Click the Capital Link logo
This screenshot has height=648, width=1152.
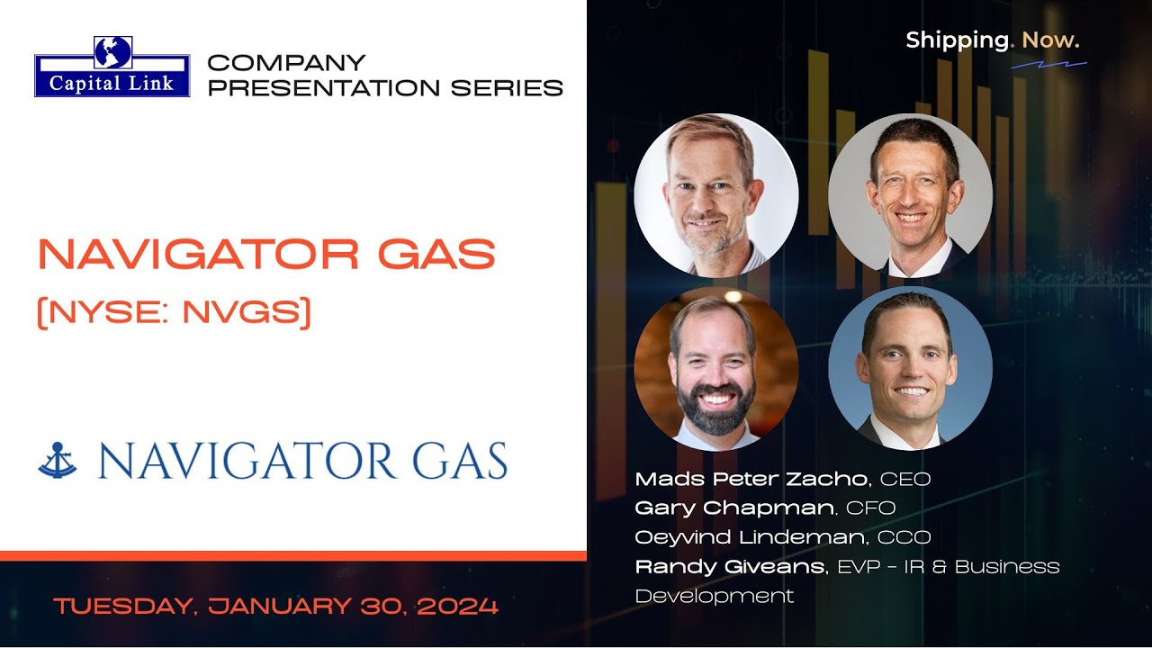coord(112,67)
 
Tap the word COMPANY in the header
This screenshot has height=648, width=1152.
coord(286,63)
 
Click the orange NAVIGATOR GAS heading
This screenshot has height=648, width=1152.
coord(266,256)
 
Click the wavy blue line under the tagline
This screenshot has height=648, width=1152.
coord(1048,65)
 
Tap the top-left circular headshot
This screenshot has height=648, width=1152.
coord(715,194)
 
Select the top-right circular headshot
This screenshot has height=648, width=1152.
coord(910,194)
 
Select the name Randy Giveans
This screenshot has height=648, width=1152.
coord(730,567)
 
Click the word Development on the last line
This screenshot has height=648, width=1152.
coord(714,596)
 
